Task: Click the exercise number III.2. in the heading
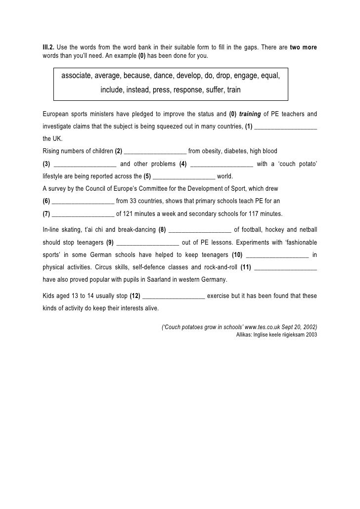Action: point(48,47)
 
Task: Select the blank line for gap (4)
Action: point(221,164)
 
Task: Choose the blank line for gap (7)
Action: point(83,214)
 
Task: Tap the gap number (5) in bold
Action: point(147,176)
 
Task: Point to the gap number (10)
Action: point(237,254)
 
